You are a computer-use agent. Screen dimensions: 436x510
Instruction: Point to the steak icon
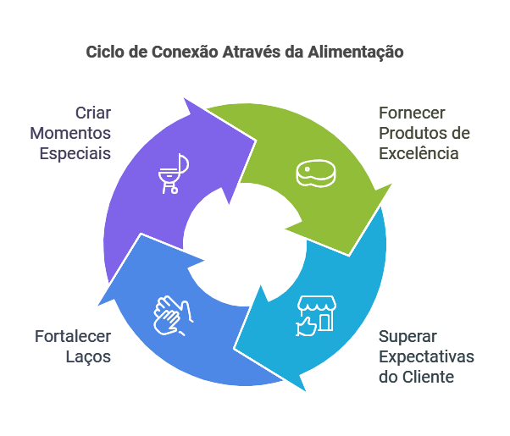(x=315, y=173)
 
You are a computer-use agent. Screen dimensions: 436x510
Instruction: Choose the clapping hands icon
(x=172, y=314)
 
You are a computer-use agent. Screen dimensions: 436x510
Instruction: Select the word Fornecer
(x=412, y=113)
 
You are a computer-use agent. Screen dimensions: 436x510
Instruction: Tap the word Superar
(x=408, y=335)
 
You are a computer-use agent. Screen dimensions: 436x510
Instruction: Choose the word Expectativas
(x=426, y=356)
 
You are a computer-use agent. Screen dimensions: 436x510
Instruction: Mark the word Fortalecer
(x=73, y=335)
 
